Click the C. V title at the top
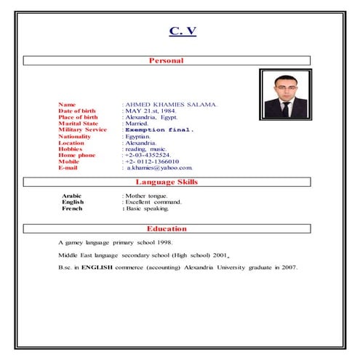[183, 31]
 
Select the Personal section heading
[166, 60]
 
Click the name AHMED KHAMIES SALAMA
[170, 105]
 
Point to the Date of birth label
[77, 111]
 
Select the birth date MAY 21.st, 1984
[150, 111]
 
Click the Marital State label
[79, 124]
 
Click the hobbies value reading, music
[145, 149]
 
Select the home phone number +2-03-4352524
[148, 155]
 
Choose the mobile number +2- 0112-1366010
[151, 161]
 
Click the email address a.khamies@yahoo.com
[159, 168]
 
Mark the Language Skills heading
[167, 182]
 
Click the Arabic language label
[72, 196]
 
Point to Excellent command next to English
[153, 201]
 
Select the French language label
[72, 208]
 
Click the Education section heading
[167, 228]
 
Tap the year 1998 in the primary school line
[164, 241]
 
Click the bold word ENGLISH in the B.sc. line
[97, 268]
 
